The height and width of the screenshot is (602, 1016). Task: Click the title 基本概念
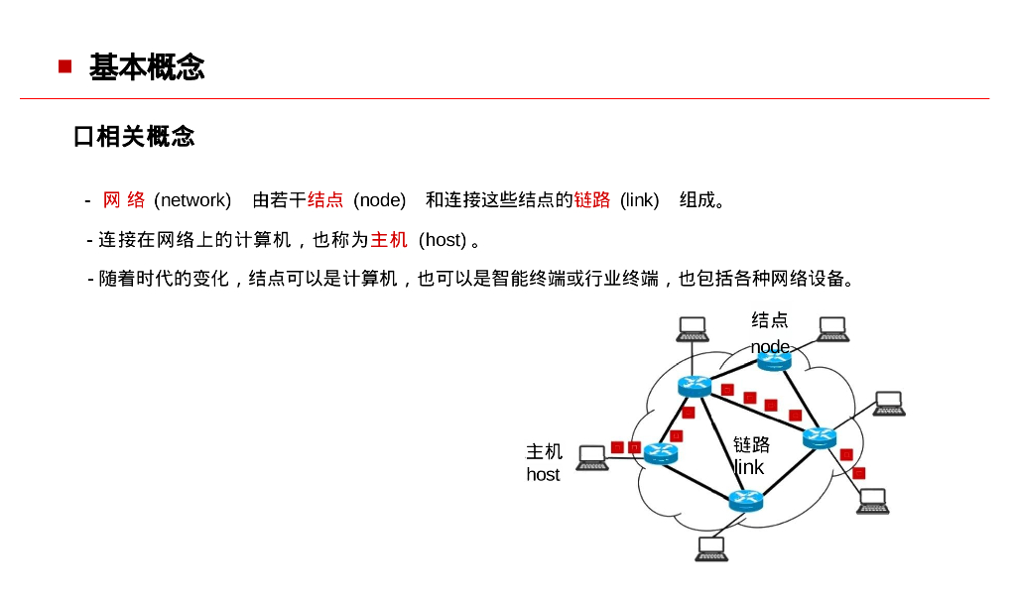coord(147,67)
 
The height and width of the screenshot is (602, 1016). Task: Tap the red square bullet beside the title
coord(65,66)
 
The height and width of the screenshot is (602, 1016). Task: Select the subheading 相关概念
coord(145,137)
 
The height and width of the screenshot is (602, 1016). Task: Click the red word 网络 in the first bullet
coord(124,200)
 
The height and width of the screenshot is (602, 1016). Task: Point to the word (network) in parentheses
coord(192,200)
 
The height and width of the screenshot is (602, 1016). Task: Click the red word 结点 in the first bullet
coord(325,200)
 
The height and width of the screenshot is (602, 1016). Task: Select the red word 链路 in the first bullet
coord(592,200)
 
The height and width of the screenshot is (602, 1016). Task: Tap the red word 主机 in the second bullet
coord(389,240)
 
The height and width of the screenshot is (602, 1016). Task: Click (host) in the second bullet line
coord(443,240)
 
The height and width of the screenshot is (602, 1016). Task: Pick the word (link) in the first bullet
coord(640,200)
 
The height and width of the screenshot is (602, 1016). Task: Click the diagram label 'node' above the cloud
coord(770,346)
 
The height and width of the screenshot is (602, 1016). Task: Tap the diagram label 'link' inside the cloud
coord(749,467)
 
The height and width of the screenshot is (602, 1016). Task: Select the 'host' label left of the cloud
coord(543,474)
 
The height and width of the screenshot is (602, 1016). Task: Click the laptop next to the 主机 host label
coord(592,457)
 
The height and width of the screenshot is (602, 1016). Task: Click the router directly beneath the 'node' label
coord(774,361)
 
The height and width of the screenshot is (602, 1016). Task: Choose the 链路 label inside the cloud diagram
coord(751,443)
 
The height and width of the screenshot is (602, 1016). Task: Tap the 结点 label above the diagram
coord(770,320)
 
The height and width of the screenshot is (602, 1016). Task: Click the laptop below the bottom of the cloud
coord(711,548)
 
